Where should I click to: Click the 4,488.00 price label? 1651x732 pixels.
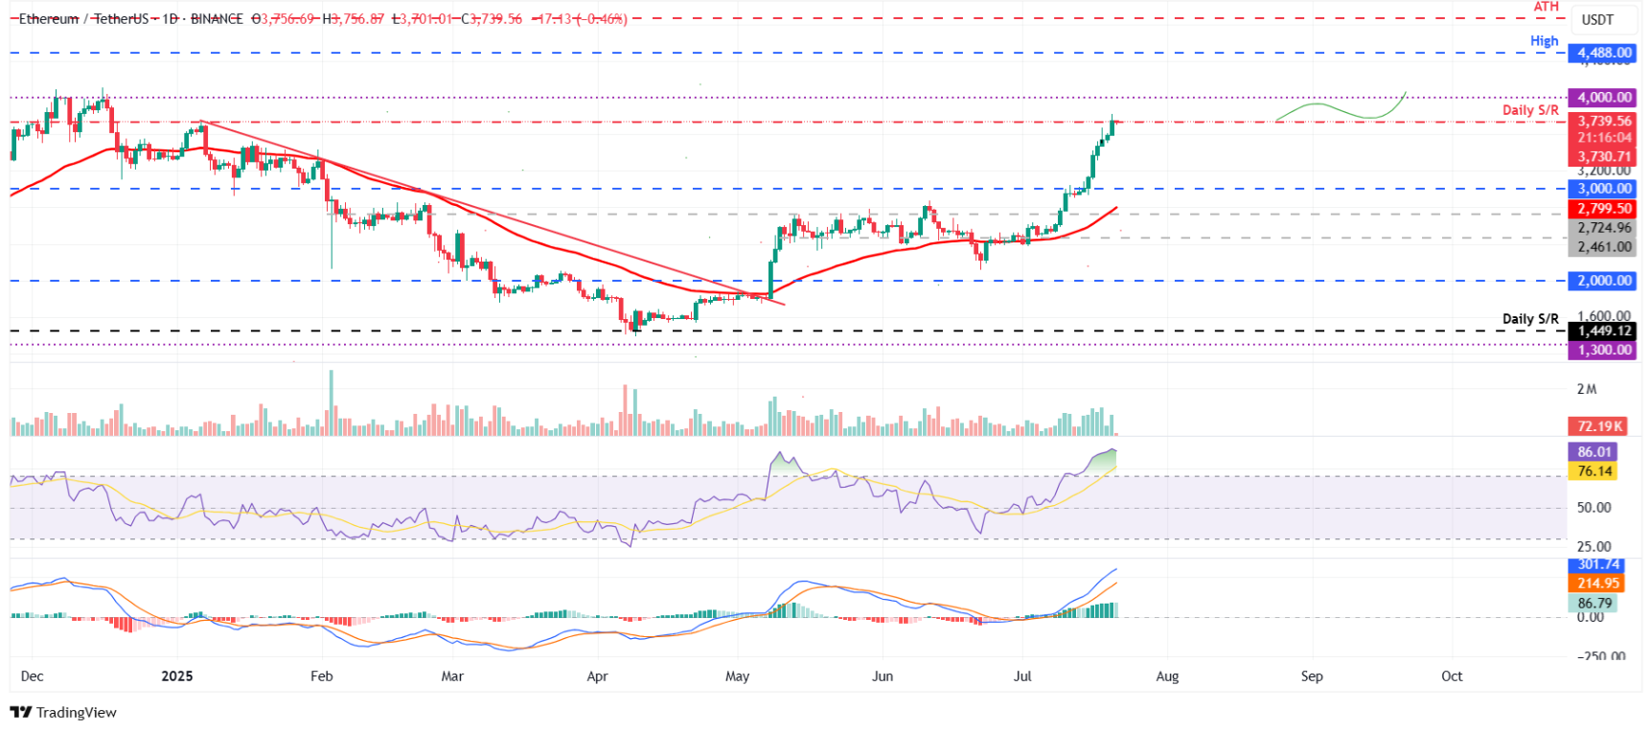[x=1604, y=53]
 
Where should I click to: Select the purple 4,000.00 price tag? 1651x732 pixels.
[x=1604, y=97]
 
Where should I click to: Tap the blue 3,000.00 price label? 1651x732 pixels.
[x=1604, y=189]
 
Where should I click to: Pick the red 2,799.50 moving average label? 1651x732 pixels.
[x=1604, y=208]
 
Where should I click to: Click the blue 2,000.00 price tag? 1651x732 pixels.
[x=1604, y=281]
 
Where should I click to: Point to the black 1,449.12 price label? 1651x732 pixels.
[x=1604, y=331]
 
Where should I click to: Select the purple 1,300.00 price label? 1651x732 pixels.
[x=1604, y=350]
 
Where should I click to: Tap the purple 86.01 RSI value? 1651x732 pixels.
[x=1594, y=451]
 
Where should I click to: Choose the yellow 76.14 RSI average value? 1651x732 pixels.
[x=1594, y=470]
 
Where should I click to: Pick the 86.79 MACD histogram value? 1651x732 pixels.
[x=1594, y=603]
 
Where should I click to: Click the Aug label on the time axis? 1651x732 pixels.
[x=1167, y=676]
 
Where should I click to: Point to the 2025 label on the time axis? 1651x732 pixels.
[x=177, y=676]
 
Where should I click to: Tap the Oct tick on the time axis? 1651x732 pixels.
[x=1452, y=676]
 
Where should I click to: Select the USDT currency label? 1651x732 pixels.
[x=1597, y=19]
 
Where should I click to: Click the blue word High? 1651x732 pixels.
[x=1544, y=40]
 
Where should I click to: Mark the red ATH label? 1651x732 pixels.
[x=1547, y=7]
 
